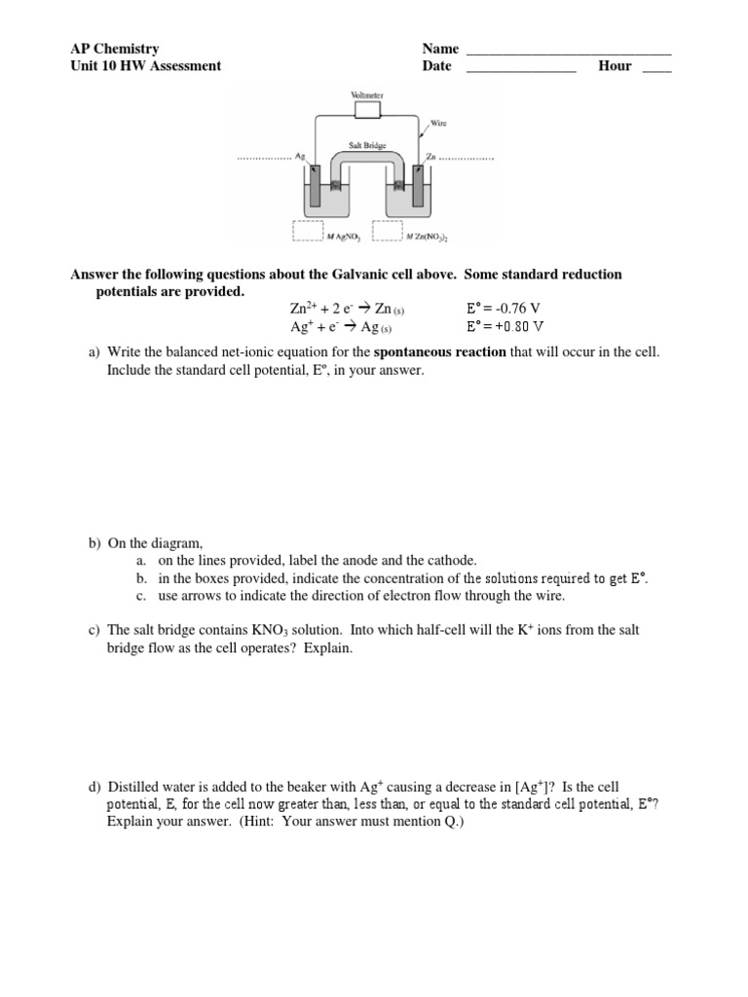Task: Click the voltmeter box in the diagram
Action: [x=367, y=110]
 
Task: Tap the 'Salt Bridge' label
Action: [x=367, y=145]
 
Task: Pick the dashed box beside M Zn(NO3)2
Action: [x=388, y=231]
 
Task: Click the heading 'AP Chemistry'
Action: [x=114, y=49]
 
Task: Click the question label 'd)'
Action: [x=95, y=787]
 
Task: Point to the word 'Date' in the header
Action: [x=437, y=66]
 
